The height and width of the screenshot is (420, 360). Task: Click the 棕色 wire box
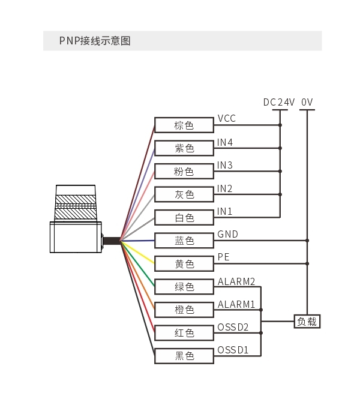[184, 125]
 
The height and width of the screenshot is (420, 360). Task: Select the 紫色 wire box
[184, 148]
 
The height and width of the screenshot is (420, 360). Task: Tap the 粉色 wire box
[184, 171]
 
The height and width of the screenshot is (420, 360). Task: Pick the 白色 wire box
[184, 217]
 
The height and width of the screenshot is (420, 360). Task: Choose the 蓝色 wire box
[184, 241]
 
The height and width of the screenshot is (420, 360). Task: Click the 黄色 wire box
[184, 264]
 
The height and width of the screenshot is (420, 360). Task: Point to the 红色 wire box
[184, 333]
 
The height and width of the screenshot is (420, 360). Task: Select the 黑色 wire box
[184, 356]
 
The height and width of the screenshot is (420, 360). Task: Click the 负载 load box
[307, 322]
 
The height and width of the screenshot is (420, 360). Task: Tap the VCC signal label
[227, 118]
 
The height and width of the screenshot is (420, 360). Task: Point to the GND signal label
[227, 234]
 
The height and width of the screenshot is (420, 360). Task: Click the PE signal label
[224, 257]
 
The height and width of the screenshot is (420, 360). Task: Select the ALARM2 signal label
[236, 281]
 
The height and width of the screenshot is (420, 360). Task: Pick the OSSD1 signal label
[233, 350]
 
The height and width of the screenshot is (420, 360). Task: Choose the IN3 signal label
[225, 165]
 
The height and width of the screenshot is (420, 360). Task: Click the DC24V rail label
[279, 102]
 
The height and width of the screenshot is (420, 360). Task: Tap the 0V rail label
[307, 102]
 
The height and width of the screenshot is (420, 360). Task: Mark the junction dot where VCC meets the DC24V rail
[280, 125]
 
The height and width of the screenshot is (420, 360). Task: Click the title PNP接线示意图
[95, 41]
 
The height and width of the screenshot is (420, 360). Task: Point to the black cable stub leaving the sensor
[112, 241]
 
